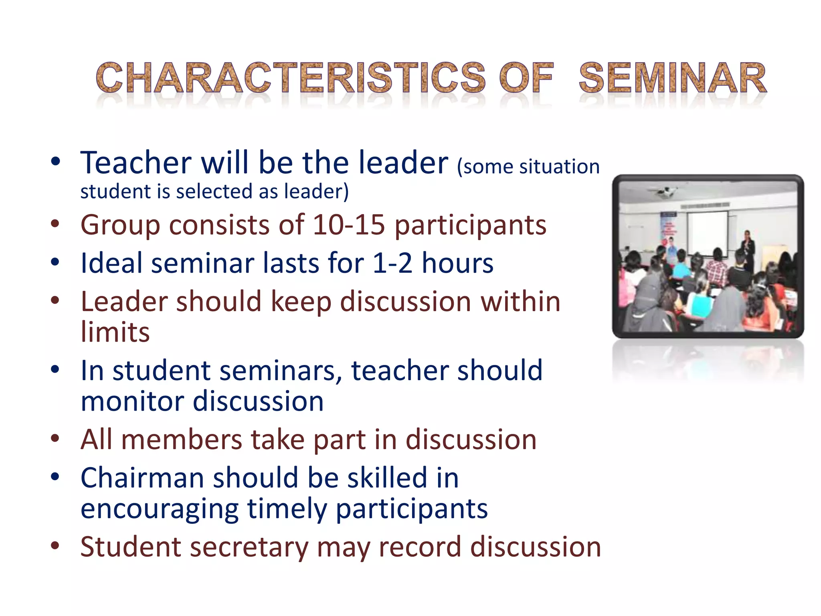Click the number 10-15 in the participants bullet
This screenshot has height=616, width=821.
click(348, 225)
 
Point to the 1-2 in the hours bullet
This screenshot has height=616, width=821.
click(392, 263)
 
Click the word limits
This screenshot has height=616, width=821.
click(115, 332)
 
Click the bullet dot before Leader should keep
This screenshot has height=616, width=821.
click(55, 300)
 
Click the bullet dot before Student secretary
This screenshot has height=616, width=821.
click(55, 545)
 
